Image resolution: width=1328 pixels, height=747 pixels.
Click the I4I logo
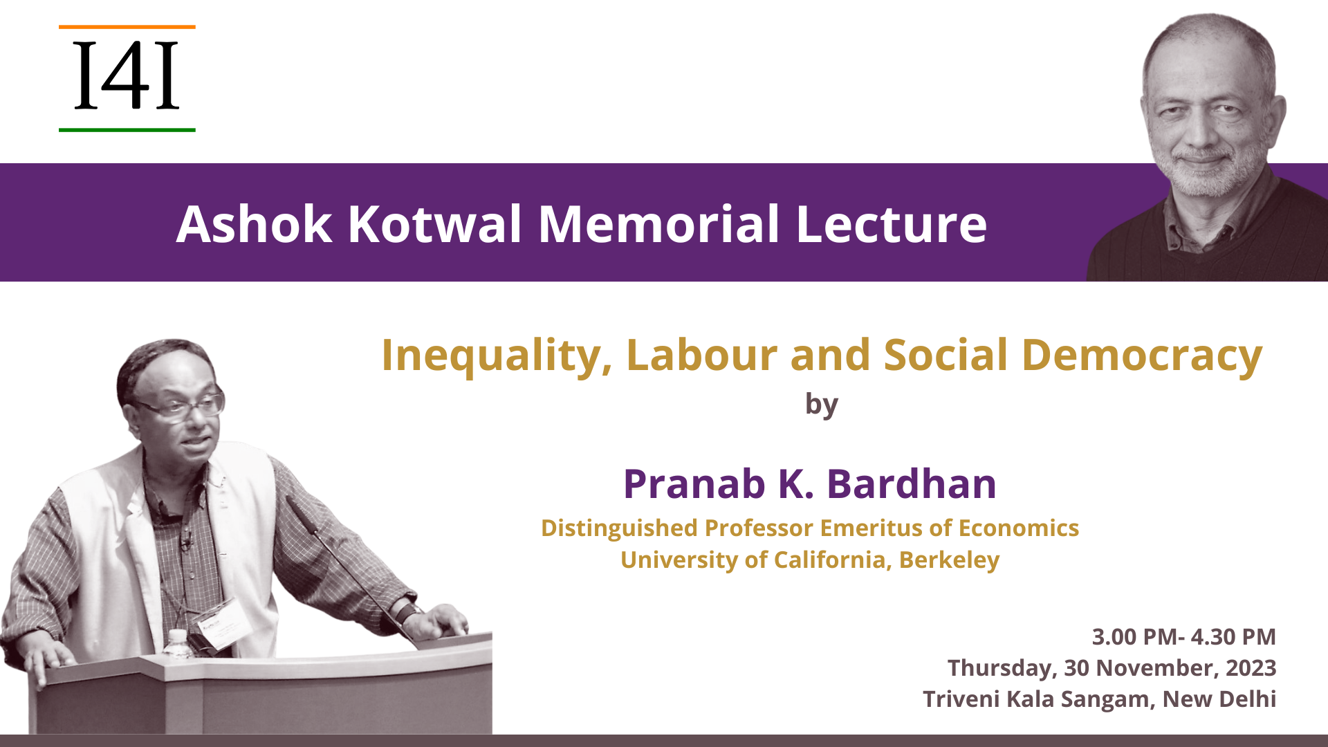pyautogui.click(x=127, y=78)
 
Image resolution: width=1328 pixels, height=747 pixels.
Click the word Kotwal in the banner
pyautogui.click(x=434, y=224)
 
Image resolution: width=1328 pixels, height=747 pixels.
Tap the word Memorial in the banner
pyautogui.click(x=659, y=224)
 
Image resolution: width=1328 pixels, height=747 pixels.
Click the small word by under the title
pyautogui.click(x=822, y=404)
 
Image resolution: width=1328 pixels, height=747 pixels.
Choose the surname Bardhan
pyautogui.click(x=912, y=483)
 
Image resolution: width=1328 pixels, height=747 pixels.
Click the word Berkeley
pyautogui.click(x=949, y=560)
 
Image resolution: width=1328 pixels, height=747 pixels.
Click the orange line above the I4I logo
pyautogui.click(x=127, y=27)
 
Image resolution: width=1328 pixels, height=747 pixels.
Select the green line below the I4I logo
pyautogui.click(x=127, y=130)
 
